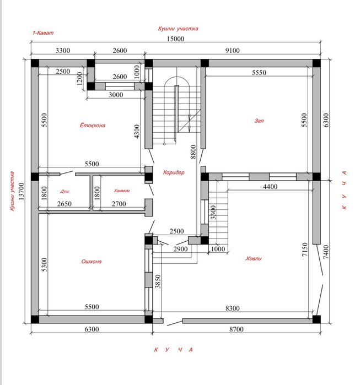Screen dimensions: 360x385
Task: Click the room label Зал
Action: point(259,121)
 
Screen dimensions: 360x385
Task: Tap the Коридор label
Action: point(174,172)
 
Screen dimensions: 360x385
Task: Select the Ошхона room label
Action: point(92,262)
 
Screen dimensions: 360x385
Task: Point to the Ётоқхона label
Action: point(93,125)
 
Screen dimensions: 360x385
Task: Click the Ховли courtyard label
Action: point(254,258)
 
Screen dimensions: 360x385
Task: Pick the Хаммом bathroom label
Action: point(122,191)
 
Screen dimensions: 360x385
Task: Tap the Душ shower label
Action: point(65,191)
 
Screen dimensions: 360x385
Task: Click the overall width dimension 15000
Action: point(175,39)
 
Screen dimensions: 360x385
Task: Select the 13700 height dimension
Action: point(22,191)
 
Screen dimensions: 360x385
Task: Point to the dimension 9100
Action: point(233,50)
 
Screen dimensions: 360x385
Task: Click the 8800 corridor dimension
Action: point(194,151)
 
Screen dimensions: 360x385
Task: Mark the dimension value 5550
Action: point(259,73)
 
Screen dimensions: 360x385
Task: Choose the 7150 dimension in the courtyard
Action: point(305,250)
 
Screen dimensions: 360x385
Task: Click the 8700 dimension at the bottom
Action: point(237,329)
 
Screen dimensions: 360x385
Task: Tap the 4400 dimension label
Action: point(270,187)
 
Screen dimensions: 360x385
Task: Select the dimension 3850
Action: point(158,281)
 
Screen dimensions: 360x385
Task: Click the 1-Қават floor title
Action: point(43,33)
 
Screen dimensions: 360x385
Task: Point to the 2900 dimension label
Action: point(181,249)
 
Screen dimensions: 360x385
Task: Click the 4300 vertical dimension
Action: point(137,131)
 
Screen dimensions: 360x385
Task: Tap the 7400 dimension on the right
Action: point(326,252)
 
